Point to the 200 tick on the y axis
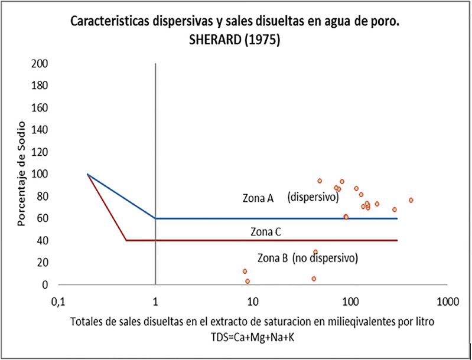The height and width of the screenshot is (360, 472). pyautogui.click(x=40, y=63)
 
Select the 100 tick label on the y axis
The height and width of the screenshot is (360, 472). pyautogui.click(x=40, y=174)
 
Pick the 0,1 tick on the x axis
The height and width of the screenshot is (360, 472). pyautogui.click(x=58, y=302)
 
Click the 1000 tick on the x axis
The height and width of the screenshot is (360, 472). pyautogui.click(x=446, y=302)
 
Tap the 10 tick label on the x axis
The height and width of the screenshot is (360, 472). pyautogui.click(x=252, y=302)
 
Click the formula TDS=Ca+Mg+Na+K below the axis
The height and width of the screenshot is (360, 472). pyautogui.click(x=252, y=336)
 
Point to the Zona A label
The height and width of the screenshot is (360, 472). pyautogui.click(x=258, y=199)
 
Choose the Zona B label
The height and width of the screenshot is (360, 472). pyautogui.click(x=273, y=258)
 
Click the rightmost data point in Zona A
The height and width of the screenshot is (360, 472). pyautogui.click(x=411, y=200)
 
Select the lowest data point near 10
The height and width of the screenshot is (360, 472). pyautogui.click(x=248, y=281)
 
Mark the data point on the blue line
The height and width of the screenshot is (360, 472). pyautogui.click(x=346, y=217)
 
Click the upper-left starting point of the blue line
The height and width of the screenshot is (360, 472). pyautogui.click(x=87, y=174)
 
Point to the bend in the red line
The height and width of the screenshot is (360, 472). pyautogui.click(x=126, y=240)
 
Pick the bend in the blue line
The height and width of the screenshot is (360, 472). pyautogui.click(x=155, y=218)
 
